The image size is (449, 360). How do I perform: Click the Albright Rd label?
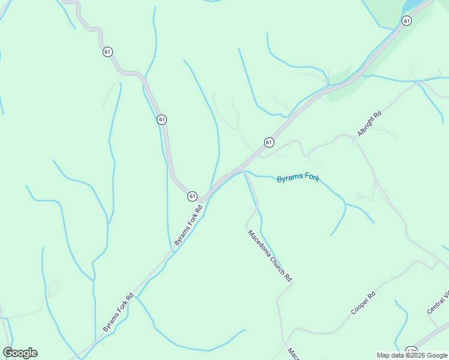(x=369, y=124)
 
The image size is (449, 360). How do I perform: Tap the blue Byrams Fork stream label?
(x=298, y=179)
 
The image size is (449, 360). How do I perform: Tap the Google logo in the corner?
(x=20, y=353)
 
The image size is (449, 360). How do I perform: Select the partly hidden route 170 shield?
(x=411, y=351)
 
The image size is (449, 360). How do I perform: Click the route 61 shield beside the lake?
(x=406, y=21)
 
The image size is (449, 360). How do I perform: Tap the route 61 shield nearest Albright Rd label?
(x=269, y=142)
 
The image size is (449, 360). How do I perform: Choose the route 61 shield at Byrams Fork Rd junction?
(x=192, y=196)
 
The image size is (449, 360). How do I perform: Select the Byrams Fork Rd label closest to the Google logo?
(x=118, y=312)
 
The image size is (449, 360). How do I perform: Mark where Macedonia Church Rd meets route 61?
(x=244, y=169)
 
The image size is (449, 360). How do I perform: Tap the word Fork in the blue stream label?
(x=310, y=179)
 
